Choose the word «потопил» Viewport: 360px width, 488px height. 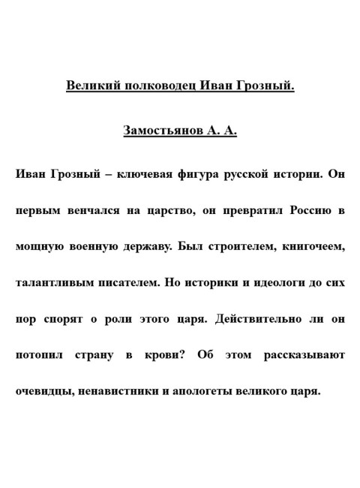(x=40, y=354)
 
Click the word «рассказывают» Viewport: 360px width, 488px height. (x=304, y=354)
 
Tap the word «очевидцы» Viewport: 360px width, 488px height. (x=44, y=390)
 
